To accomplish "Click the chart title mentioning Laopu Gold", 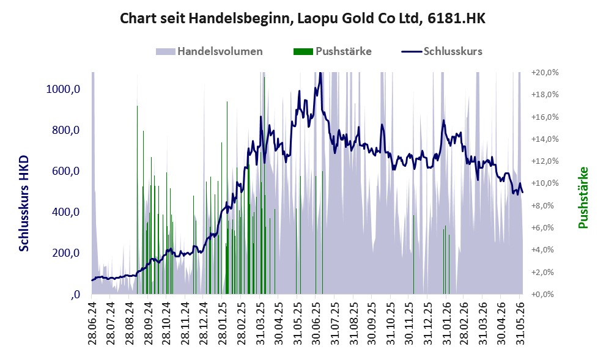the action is [302, 18].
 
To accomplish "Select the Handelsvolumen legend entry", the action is [209, 51].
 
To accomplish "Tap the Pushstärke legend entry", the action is [333, 51].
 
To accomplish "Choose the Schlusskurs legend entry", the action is [442, 51].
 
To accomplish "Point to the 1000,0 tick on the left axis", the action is [63, 89].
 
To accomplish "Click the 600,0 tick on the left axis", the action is [65, 171].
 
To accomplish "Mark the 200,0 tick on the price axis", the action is [65, 253].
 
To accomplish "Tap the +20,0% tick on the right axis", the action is [545, 72].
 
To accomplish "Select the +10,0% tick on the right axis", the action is [545, 183].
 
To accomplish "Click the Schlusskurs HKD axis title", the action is [24, 204].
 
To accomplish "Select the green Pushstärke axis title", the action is [583, 197].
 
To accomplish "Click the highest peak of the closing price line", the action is [320, 73].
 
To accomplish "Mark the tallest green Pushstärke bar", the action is [264, 185].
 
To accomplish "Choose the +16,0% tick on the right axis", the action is [545, 117].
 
